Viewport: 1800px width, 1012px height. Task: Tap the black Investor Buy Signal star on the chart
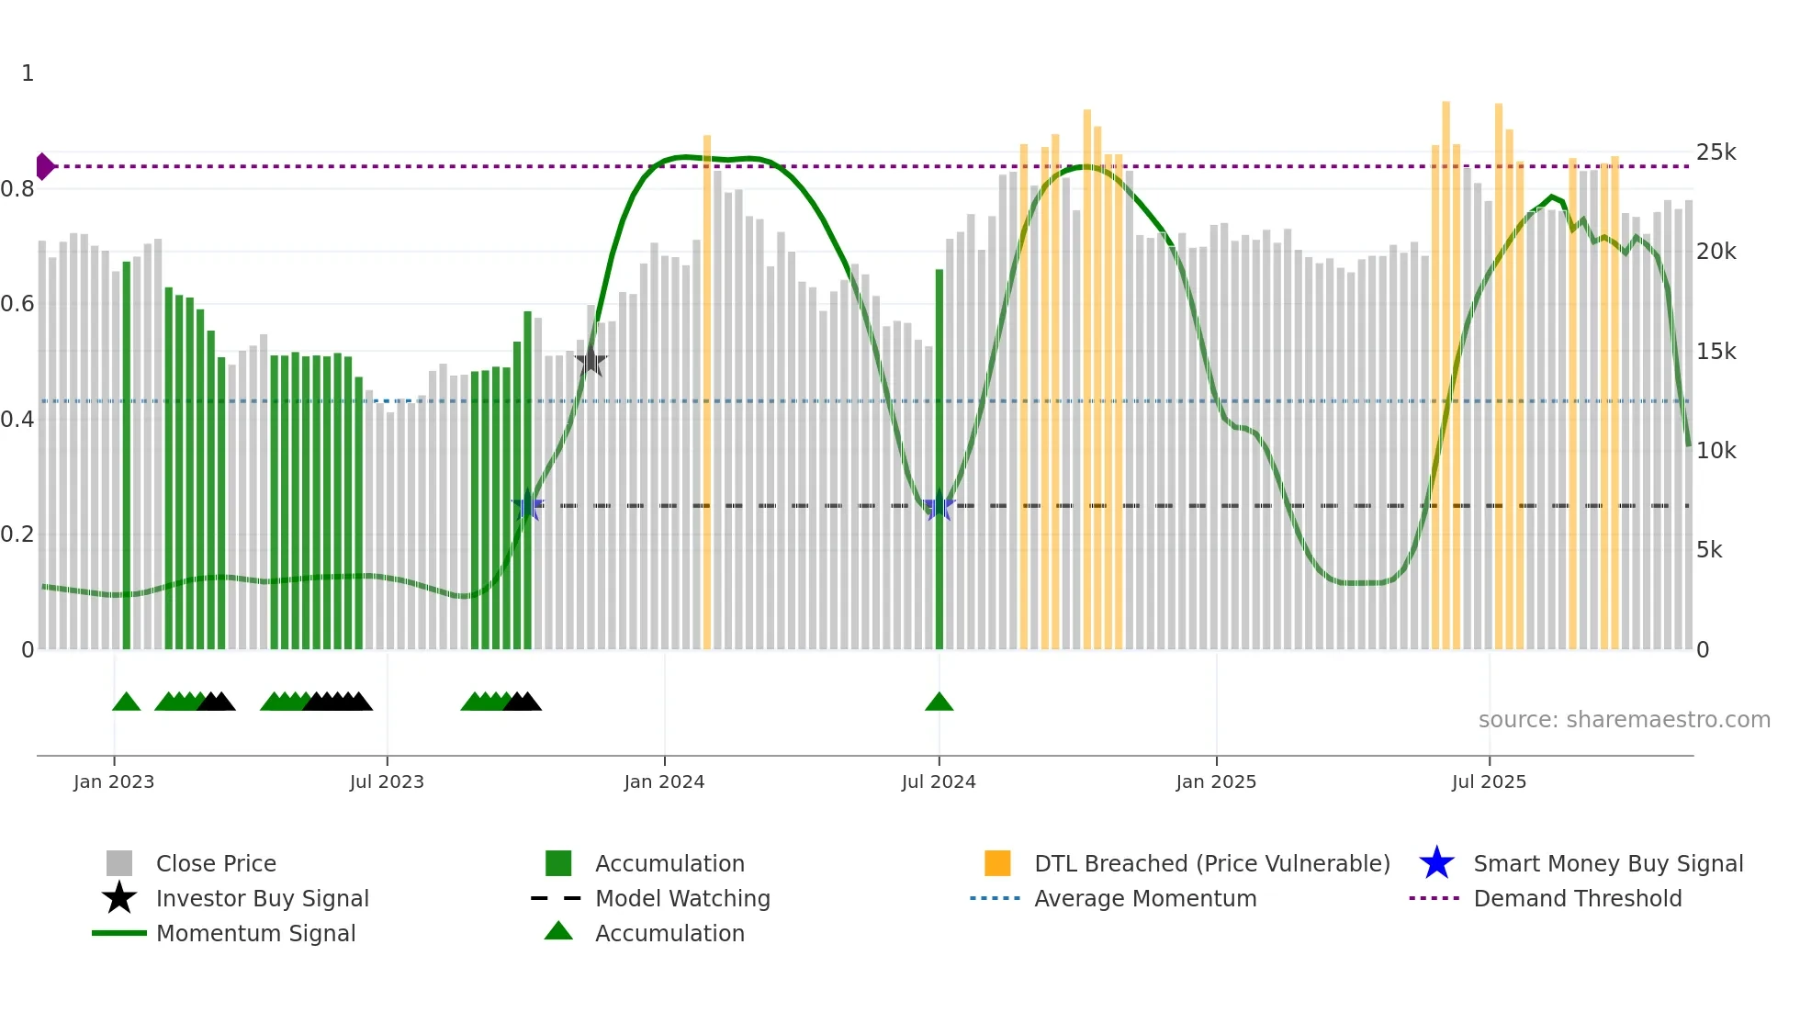(591, 361)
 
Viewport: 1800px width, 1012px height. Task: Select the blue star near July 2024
(939, 506)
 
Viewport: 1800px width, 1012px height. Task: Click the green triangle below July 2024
(939, 703)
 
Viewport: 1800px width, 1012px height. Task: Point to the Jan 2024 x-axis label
(664, 781)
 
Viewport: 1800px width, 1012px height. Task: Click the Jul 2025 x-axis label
(1489, 781)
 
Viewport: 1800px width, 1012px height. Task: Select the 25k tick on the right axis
(1716, 152)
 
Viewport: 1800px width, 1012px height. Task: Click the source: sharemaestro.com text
(1624, 720)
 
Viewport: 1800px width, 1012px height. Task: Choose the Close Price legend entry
(216, 863)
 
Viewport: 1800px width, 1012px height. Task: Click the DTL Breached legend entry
(1211, 863)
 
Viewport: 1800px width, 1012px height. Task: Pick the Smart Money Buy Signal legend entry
(1607, 863)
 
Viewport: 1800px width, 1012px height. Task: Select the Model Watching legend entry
(681, 898)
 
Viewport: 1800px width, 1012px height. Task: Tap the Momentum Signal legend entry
(255, 933)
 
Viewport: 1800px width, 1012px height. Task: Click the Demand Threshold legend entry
(1577, 898)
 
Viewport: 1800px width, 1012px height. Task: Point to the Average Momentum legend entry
(1144, 898)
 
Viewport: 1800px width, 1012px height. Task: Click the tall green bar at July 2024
(939, 459)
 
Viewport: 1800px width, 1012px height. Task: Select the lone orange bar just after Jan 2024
(707, 395)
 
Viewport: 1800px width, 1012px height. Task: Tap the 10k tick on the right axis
(1716, 451)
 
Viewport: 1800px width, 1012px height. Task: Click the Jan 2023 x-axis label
(114, 781)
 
